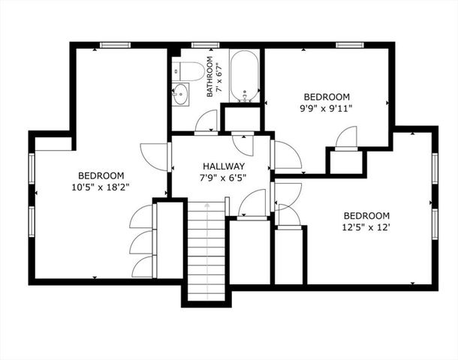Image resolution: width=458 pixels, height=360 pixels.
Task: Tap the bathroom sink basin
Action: coord(181,94)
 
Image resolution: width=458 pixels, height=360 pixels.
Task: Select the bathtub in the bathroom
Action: coord(244,76)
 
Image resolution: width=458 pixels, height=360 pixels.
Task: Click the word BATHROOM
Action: coord(211,75)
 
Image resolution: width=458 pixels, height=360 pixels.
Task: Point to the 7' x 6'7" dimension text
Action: coord(219,75)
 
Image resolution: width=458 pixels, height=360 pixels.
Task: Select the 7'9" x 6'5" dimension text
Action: coord(223,178)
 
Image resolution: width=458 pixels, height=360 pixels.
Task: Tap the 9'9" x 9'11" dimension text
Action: coord(327,108)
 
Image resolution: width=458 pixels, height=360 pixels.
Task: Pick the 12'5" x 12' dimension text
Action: coord(367,227)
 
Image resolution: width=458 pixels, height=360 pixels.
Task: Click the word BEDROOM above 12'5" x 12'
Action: coord(367,215)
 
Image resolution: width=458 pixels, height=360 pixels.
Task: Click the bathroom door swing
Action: coord(206,122)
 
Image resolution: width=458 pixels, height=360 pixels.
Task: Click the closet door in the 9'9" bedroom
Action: coord(346,139)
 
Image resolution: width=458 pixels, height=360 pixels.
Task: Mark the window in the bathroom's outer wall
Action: coord(200,45)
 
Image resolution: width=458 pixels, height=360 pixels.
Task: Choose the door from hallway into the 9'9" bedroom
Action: coord(286,155)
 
